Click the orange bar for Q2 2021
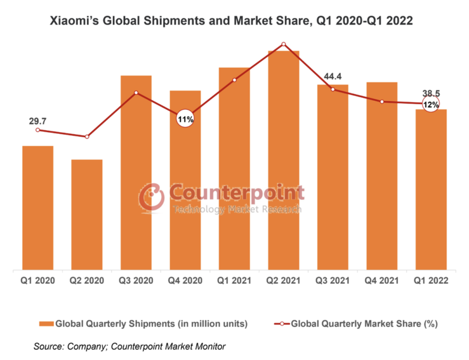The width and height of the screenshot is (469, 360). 284,161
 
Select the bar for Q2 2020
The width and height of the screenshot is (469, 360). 87,215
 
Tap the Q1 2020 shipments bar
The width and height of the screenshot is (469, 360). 38,208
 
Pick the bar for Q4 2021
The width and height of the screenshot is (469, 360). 382,176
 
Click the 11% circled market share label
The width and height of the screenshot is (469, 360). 185,119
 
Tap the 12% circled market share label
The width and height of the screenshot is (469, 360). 431,104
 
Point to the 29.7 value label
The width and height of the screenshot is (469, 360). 38,121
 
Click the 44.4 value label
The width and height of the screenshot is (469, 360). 333,76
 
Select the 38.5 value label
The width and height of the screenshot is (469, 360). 431,93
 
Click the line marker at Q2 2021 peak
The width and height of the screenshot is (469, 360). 284,44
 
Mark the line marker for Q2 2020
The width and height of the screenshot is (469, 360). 87,137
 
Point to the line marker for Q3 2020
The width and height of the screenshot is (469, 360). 136,92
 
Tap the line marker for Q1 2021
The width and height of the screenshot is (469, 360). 234,80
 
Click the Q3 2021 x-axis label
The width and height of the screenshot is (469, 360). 333,281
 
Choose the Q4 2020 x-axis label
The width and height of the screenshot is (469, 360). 185,281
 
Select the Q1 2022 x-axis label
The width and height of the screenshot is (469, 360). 431,281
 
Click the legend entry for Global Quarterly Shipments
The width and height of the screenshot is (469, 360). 143,324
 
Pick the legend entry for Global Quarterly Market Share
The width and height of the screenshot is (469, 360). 356,324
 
